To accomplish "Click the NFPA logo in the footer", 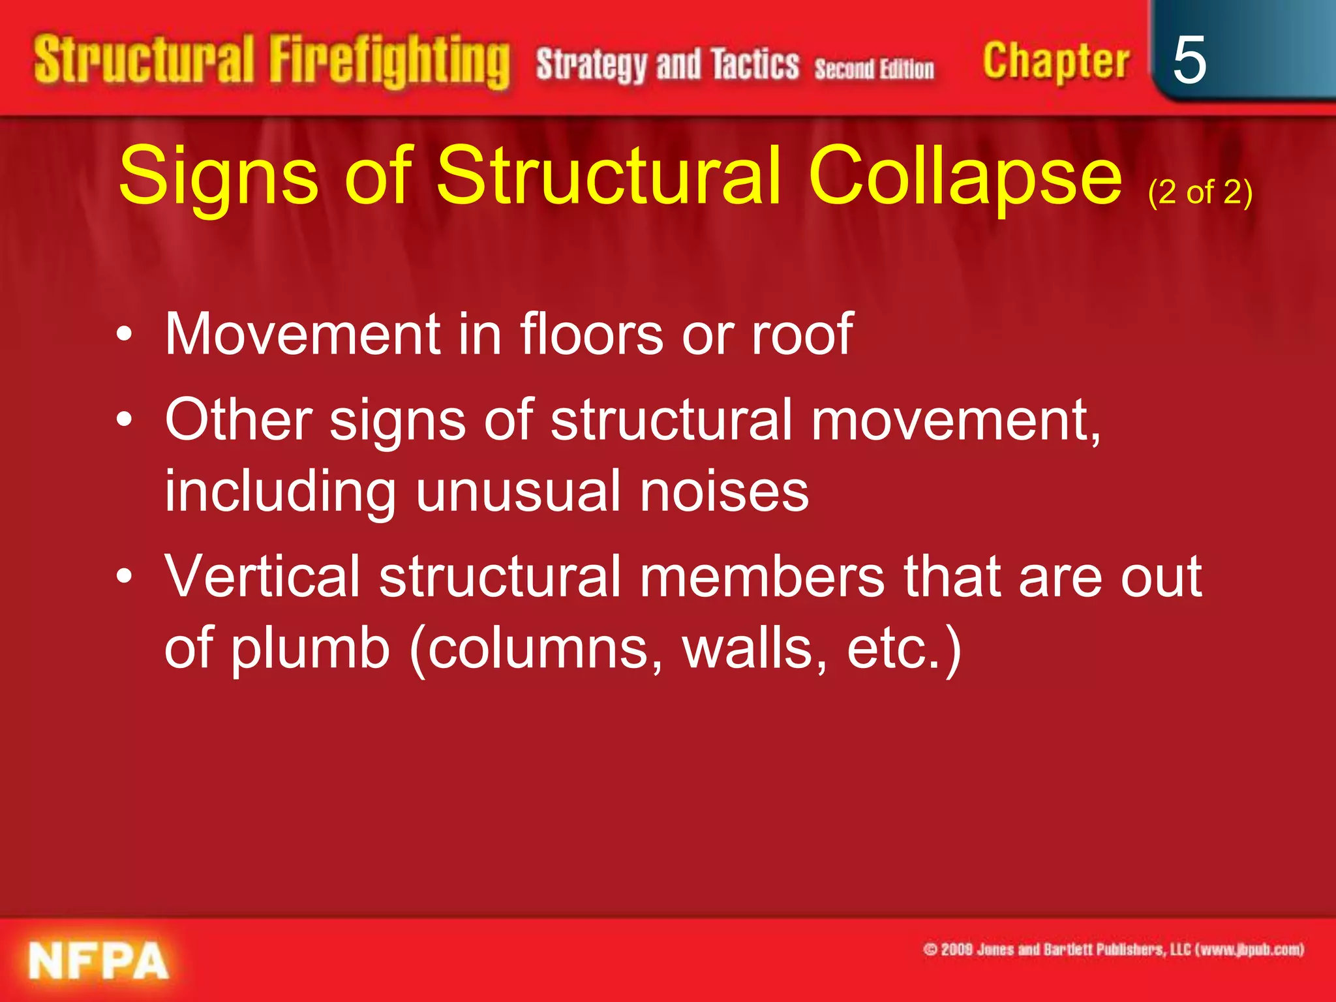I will pos(98,961).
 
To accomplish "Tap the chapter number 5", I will pos(1189,60).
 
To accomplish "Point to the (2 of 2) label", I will pos(1200,192).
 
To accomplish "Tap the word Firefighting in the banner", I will pos(389,62).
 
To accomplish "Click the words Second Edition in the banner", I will pos(874,68).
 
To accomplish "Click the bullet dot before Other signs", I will pos(124,421).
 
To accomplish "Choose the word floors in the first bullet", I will pos(591,334).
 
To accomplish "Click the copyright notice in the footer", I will pos(1113,949).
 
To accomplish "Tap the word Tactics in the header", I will pos(755,65).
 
